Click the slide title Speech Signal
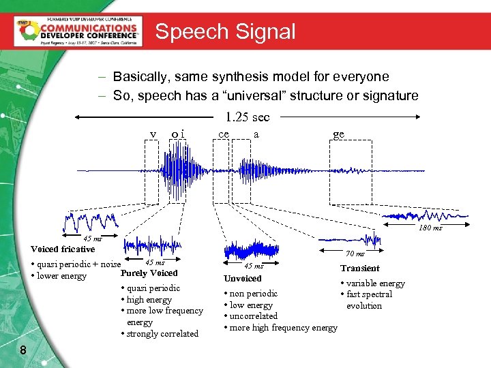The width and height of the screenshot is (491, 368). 225,31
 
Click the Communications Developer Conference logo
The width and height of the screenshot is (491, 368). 78,31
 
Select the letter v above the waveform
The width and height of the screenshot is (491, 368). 153,134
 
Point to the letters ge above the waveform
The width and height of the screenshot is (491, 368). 339,134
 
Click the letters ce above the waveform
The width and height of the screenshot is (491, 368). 223,134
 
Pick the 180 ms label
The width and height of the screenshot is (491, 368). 430,228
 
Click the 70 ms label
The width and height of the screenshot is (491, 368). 355,254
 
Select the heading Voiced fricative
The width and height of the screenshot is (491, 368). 63,249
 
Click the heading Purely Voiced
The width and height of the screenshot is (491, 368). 149,273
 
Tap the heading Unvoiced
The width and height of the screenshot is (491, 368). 243,278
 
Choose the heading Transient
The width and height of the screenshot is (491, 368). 360,268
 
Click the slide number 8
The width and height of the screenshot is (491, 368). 23,350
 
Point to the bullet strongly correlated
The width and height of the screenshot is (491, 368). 161,333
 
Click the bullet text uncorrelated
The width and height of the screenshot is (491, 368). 252,316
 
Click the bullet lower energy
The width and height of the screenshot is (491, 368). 60,276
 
